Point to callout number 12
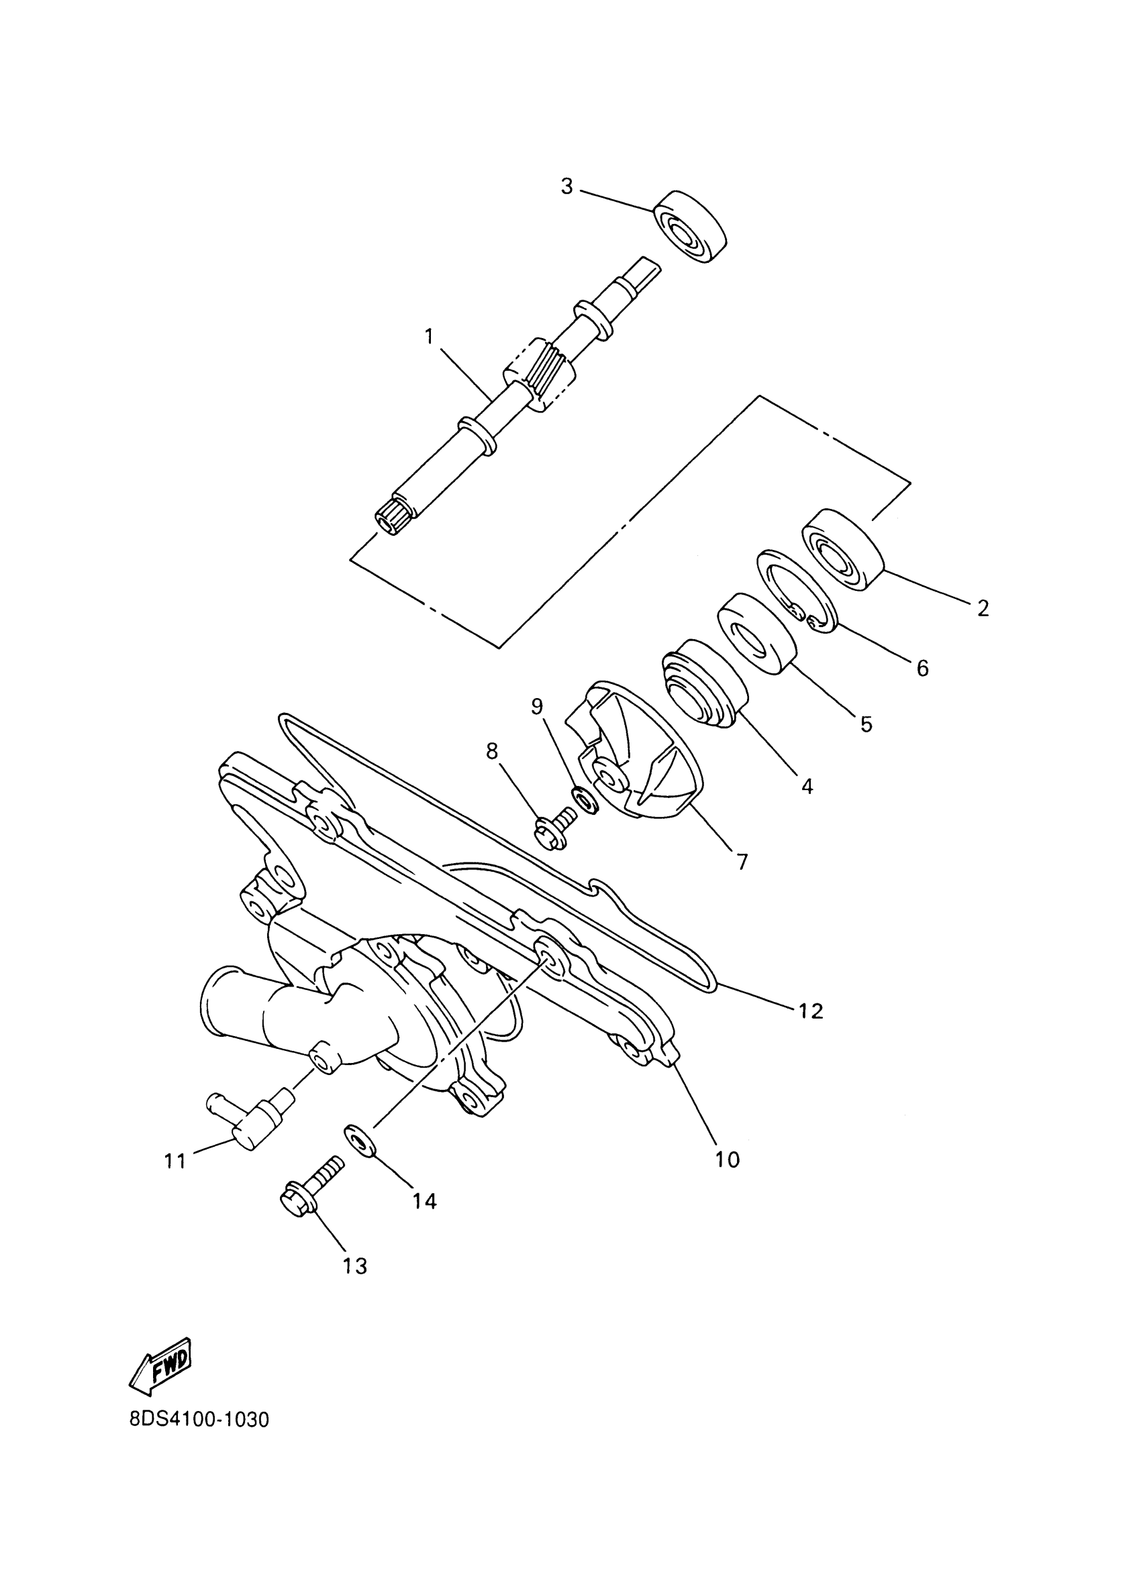(809, 1011)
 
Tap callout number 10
(728, 1159)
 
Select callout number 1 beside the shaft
(429, 337)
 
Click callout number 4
(806, 785)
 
